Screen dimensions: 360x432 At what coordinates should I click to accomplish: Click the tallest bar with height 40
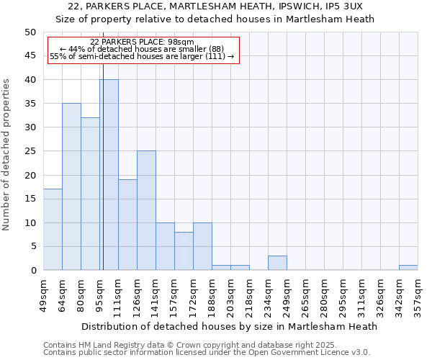[109, 175]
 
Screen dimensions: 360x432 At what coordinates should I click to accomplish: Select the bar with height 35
[71, 186]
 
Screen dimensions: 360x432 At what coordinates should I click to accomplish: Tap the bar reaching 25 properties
[146, 210]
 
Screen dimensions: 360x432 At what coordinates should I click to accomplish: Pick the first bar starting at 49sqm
[53, 230]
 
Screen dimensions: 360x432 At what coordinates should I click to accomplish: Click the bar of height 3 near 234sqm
[277, 263]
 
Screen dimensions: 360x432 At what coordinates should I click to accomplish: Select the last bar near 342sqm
[408, 268]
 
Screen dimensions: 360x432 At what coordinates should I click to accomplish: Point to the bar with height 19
[127, 225]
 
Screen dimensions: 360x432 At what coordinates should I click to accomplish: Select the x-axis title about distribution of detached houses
[230, 326]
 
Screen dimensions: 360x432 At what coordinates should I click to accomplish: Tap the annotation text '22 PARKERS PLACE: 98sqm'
[143, 42]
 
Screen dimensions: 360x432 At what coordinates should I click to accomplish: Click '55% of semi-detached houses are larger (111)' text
[143, 56]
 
